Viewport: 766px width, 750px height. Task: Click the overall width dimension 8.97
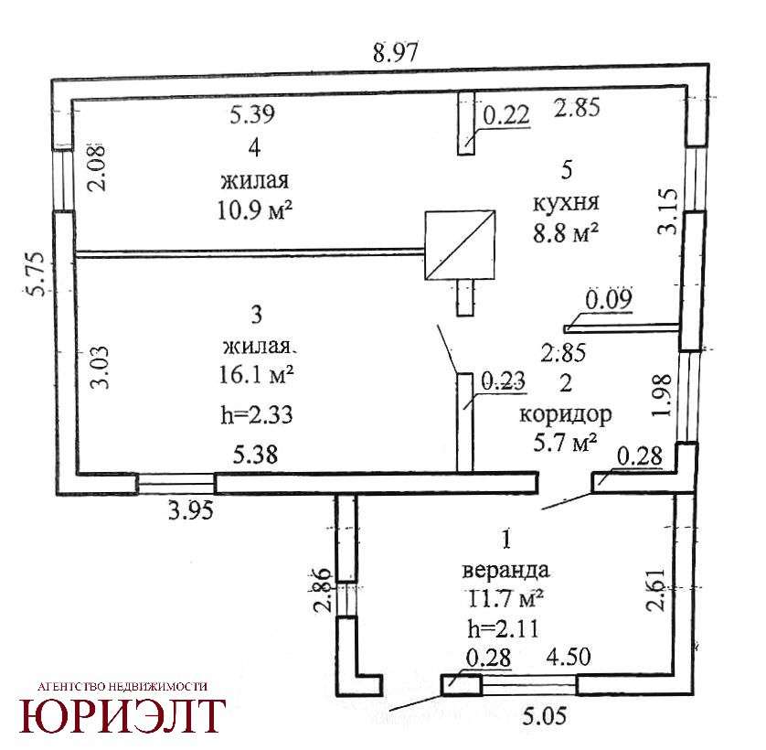coord(396,52)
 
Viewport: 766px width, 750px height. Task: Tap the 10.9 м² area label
coord(254,211)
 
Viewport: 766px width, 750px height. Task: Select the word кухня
coord(566,202)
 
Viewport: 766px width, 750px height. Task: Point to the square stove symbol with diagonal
coord(460,245)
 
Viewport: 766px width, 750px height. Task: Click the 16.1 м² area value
coord(256,376)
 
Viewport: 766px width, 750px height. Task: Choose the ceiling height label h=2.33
coord(257,415)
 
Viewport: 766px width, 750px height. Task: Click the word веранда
coord(505,570)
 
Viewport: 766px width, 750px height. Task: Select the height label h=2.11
coord(503,628)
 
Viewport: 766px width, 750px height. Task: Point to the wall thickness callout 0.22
coord(506,115)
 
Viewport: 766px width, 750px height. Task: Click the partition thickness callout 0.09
coord(609,299)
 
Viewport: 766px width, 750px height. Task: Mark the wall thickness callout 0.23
coord(503,380)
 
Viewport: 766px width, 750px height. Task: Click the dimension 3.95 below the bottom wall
coord(191,511)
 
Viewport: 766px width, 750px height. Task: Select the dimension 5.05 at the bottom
coord(545,717)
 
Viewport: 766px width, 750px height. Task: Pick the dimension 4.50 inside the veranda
coord(569,657)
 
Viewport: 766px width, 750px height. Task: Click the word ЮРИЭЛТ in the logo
coord(122,715)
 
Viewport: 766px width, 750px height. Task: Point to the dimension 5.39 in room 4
coord(252,114)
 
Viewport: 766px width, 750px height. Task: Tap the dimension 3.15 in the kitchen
coord(668,211)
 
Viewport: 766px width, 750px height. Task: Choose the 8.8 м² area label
coord(566,233)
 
